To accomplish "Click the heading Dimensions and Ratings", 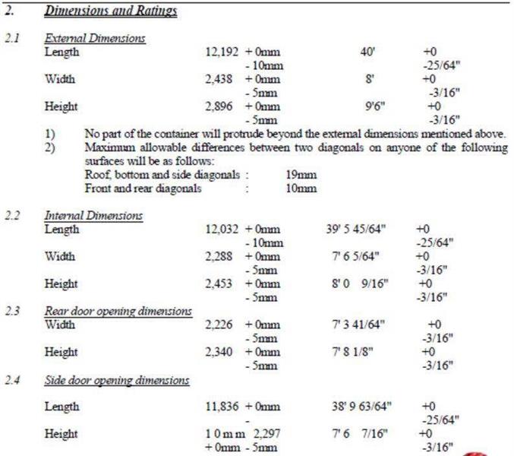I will (x=110, y=11).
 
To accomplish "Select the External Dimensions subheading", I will (x=95, y=38).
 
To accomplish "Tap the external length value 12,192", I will (x=222, y=52).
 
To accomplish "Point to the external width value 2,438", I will (x=222, y=79).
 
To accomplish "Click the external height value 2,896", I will (x=222, y=106).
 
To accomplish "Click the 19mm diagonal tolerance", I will (x=301, y=175).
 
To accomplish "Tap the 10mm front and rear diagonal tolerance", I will (x=301, y=188).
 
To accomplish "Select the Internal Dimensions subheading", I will (x=93, y=216).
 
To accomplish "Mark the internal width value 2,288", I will (x=222, y=257).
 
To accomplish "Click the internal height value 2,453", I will (x=222, y=284).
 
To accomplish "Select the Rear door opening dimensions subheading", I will (x=118, y=311).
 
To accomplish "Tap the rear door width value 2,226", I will (x=222, y=325).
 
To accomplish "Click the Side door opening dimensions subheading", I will (x=117, y=379).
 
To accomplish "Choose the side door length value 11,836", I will (x=222, y=407).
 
